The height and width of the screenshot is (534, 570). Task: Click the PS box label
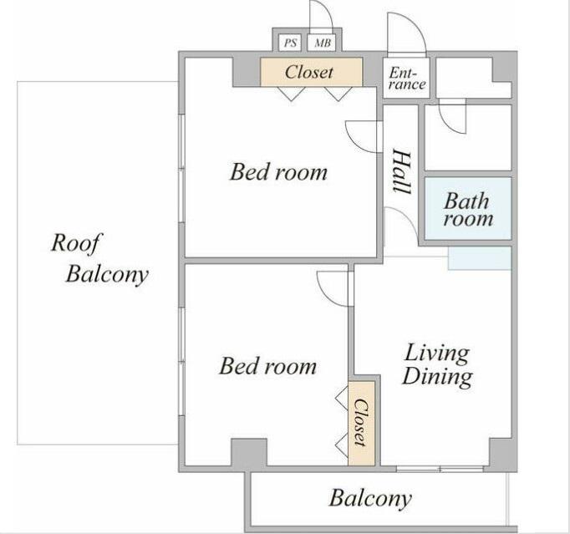(x=290, y=43)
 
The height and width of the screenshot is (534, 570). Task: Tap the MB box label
(x=323, y=43)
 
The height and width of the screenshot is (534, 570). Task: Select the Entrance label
(x=407, y=79)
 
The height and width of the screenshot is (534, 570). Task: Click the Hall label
(x=402, y=171)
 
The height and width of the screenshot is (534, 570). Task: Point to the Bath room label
(x=468, y=210)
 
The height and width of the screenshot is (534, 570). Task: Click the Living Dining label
(x=437, y=364)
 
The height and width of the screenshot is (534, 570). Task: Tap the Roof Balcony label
(x=99, y=259)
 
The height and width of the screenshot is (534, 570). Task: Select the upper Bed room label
(x=278, y=171)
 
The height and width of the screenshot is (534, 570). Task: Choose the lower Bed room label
(x=268, y=366)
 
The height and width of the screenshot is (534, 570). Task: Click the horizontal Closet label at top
(x=309, y=72)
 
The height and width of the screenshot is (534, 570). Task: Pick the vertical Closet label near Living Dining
(x=361, y=423)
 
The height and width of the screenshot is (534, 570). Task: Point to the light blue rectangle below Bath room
(x=480, y=258)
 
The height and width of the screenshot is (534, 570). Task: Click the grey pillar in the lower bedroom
(x=249, y=453)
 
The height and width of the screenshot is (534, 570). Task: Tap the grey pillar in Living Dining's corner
(x=501, y=453)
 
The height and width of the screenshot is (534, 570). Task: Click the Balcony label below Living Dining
(x=370, y=498)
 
